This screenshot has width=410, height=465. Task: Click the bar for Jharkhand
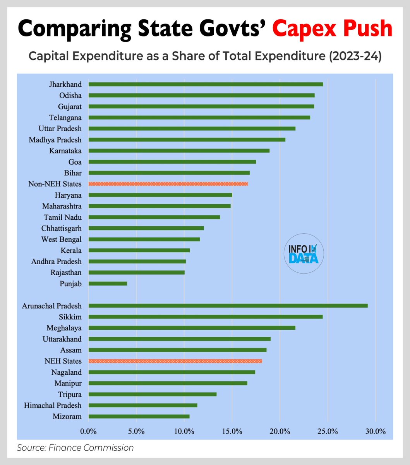(x=206, y=84)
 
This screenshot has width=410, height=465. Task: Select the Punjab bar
(x=108, y=284)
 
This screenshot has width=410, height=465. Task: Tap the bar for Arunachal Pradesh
(x=228, y=306)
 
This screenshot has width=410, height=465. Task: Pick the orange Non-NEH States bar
(x=168, y=184)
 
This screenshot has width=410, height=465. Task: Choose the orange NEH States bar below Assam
(x=175, y=361)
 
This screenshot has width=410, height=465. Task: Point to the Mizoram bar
(x=139, y=417)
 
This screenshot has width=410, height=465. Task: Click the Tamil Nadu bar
(x=154, y=217)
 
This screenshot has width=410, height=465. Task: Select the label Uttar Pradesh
(x=60, y=129)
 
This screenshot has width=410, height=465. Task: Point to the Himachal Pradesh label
(x=53, y=405)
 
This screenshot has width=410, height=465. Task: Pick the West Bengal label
(x=61, y=239)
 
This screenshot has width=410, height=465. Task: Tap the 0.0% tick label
(x=88, y=431)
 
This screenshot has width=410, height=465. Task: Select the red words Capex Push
(x=332, y=29)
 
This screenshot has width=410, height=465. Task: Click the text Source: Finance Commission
(x=75, y=448)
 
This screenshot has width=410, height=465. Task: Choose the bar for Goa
(x=172, y=162)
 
